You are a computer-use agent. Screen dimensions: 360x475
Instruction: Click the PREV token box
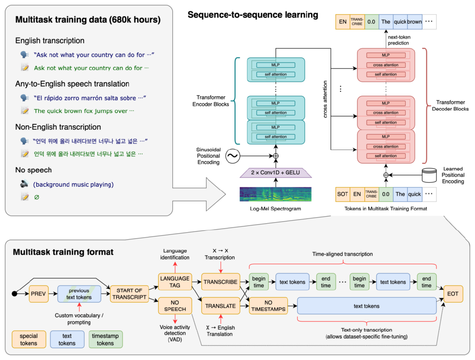click(38, 294)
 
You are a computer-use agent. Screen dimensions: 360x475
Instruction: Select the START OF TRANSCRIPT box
click(129, 294)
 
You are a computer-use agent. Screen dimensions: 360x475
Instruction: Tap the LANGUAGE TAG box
click(175, 282)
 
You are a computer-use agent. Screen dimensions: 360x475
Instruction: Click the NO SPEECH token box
click(175, 306)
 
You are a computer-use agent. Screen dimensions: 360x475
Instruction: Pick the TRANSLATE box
click(220, 306)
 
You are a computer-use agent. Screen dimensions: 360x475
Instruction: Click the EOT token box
click(453, 294)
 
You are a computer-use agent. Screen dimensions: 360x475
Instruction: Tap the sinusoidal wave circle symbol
click(233, 156)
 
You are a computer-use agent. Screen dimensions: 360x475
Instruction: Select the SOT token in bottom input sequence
click(342, 194)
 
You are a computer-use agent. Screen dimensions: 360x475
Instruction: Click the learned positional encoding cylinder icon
click(429, 175)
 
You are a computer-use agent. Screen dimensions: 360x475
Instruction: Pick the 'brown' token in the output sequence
click(414, 21)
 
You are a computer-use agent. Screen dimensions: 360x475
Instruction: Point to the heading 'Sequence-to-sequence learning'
click(253, 15)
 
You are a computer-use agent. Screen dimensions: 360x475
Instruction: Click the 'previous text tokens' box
click(79, 294)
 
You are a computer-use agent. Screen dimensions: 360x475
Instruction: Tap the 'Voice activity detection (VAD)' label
click(175, 333)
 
